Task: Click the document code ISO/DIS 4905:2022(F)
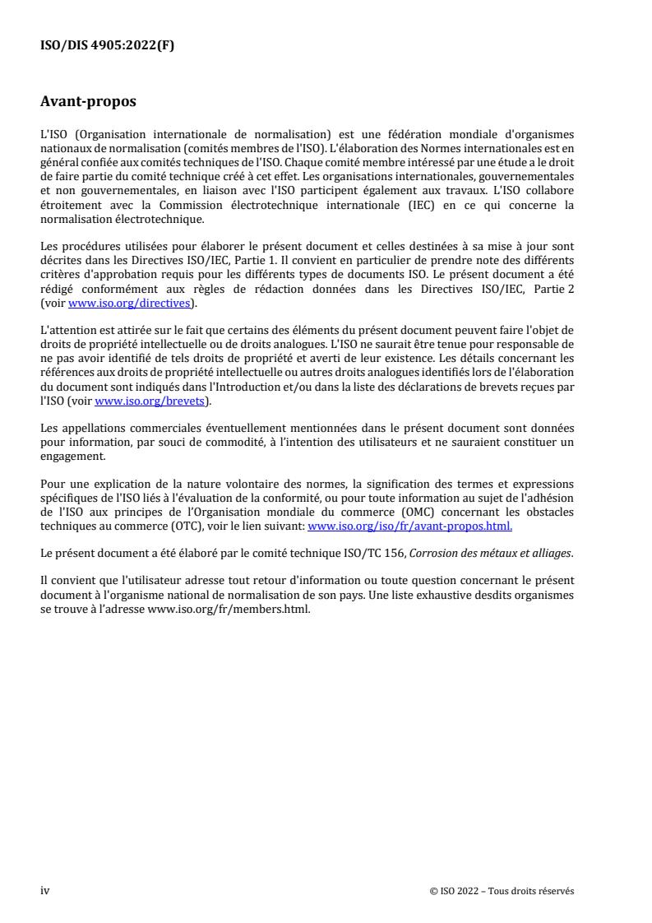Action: pyautogui.click(x=108, y=46)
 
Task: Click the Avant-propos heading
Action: pyautogui.click(x=89, y=103)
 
